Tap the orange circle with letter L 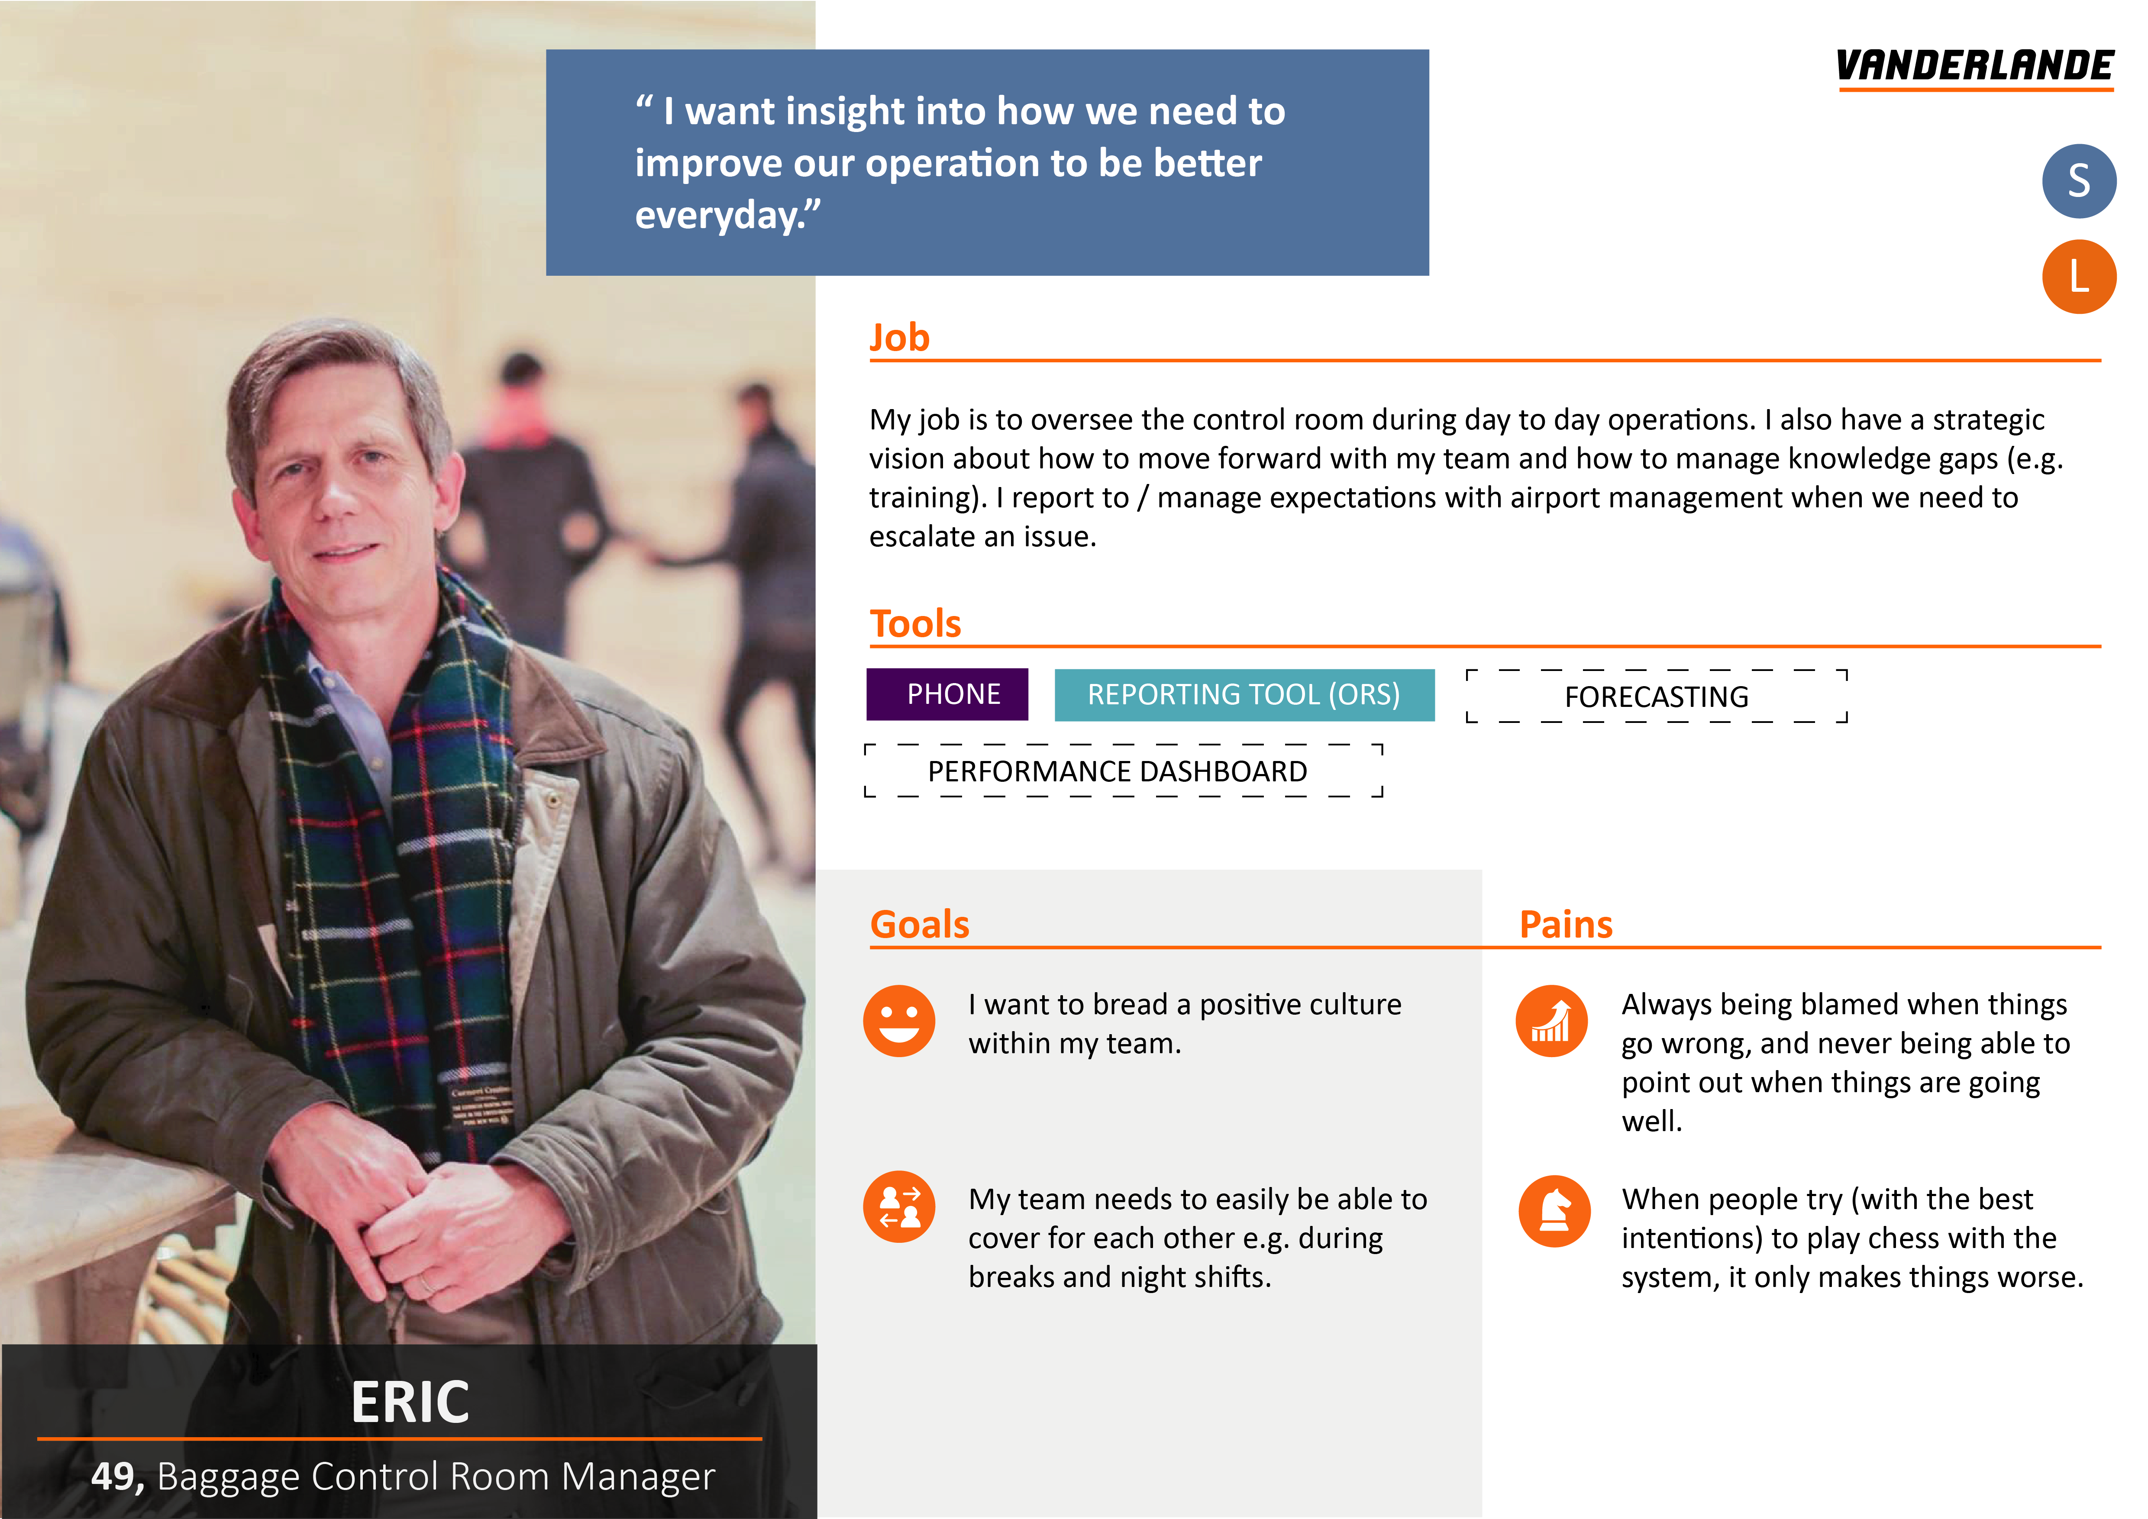(2079, 277)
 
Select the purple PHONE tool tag (947, 694)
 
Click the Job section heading (899, 338)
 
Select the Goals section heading (920, 924)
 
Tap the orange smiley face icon (899, 1020)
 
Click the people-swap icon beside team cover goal (899, 1206)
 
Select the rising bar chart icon (1551, 1020)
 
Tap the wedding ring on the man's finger (426, 1282)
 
